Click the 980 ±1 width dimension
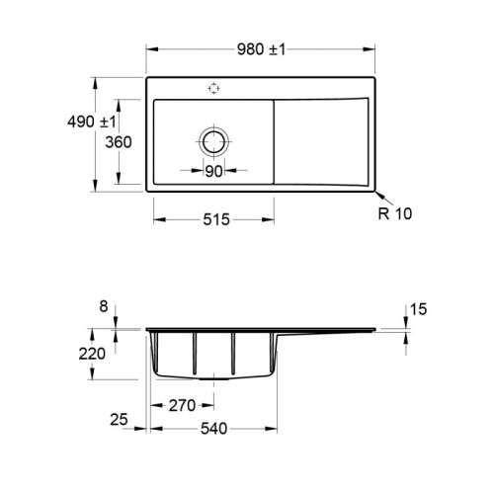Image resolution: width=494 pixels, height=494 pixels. (261, 49)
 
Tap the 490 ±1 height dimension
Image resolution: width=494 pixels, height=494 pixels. (92, 122)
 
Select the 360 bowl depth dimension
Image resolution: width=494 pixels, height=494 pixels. (119, 142)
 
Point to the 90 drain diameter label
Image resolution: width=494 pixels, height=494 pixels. (213, 171)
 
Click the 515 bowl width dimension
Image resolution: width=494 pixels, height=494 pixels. (216, 219)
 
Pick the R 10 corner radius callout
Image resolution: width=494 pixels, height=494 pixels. (395, 213)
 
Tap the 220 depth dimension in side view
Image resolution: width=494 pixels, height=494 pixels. (92, 354)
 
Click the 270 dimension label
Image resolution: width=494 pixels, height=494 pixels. (182, 405)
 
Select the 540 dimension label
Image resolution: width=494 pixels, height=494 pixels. (213, 429)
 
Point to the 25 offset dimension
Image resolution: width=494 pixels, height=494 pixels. (119, 420)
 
